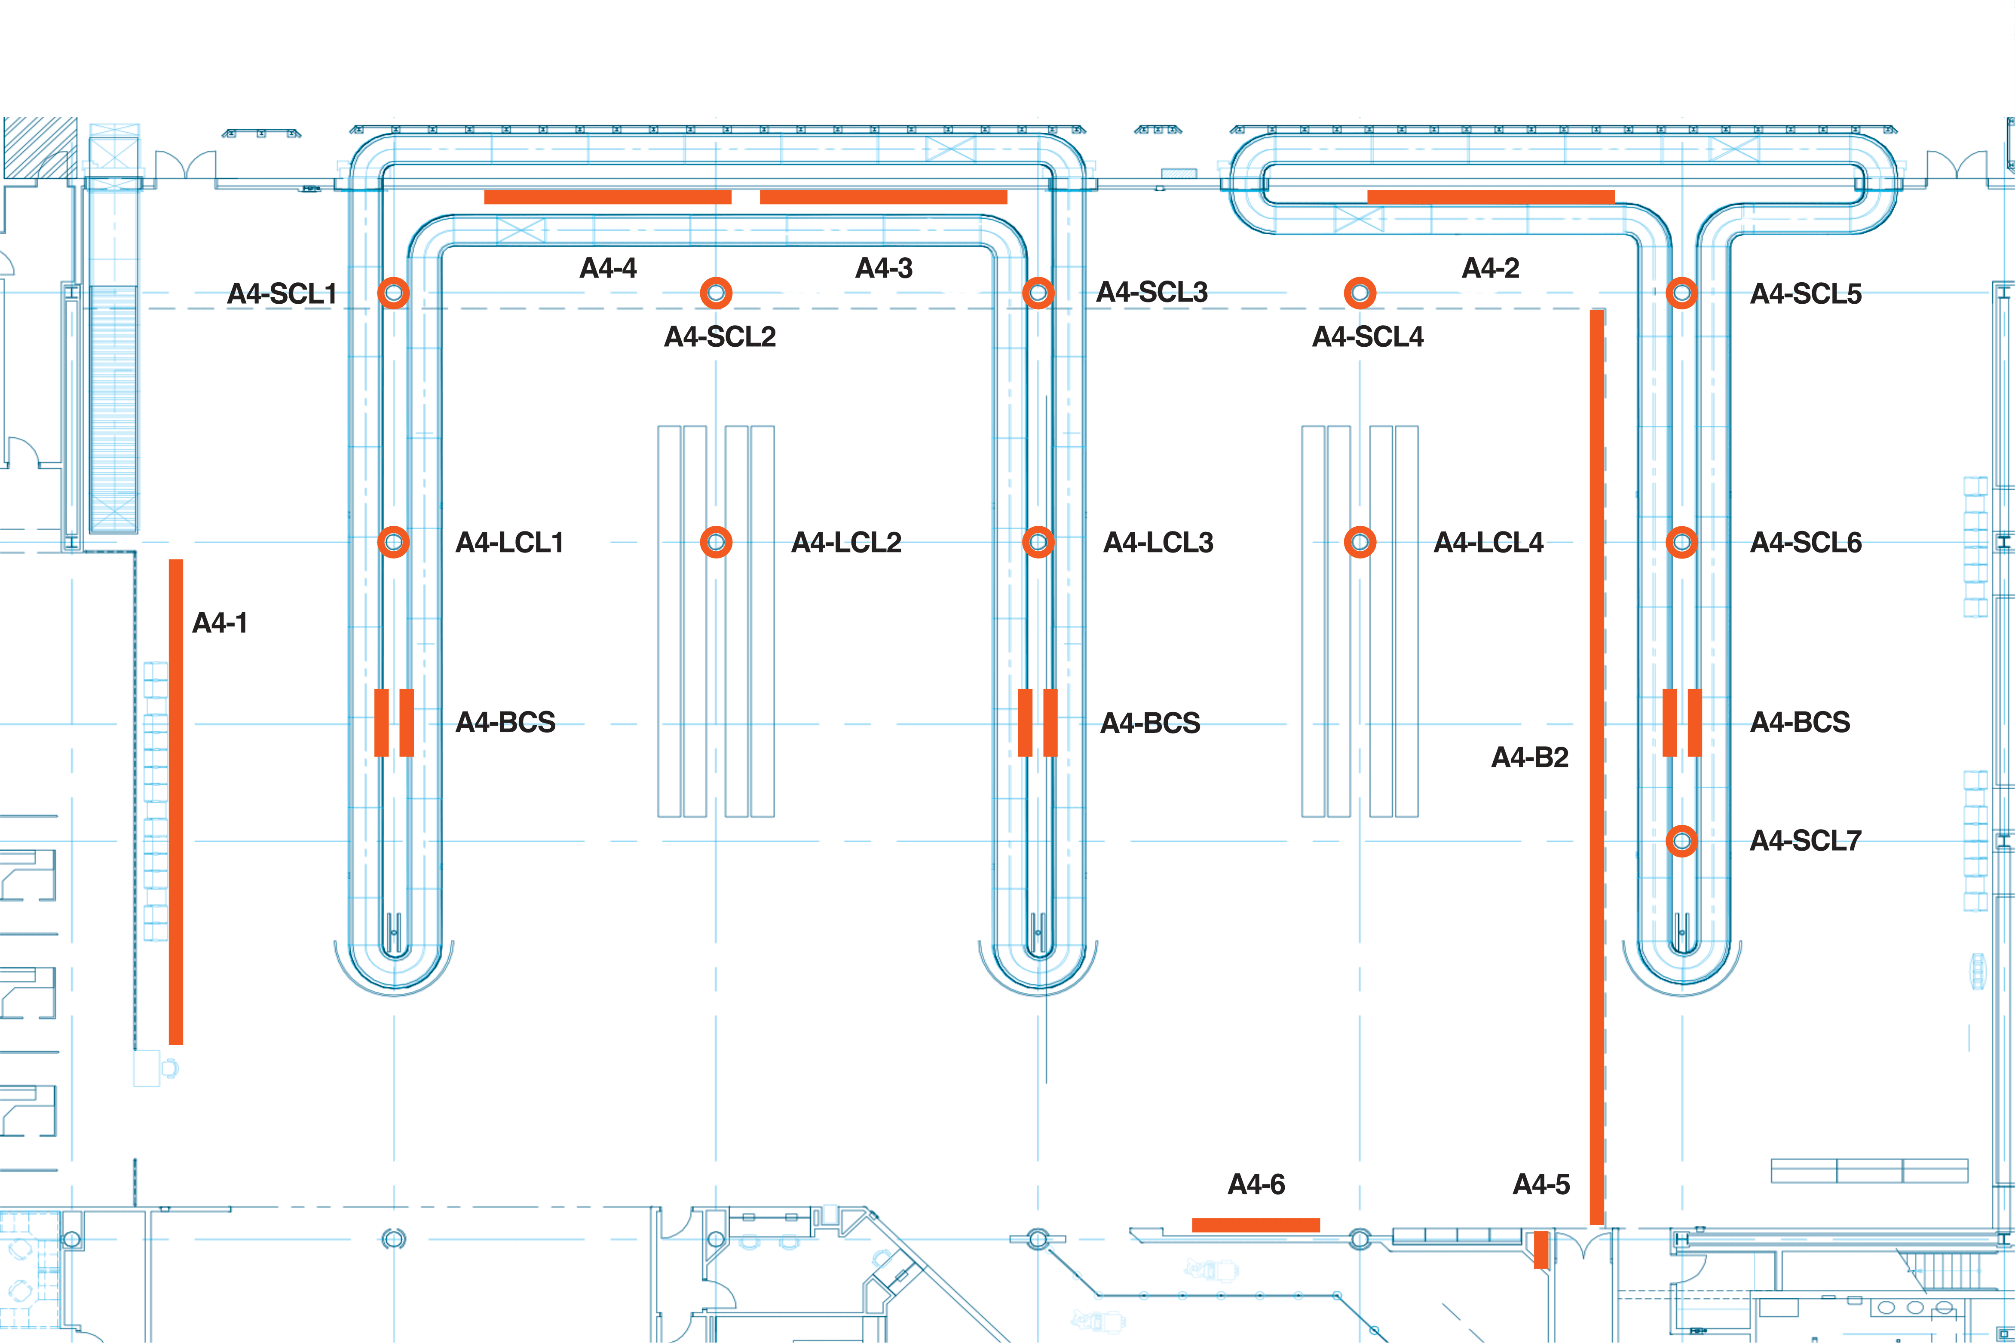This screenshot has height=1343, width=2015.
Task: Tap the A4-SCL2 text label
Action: tap(720, 336)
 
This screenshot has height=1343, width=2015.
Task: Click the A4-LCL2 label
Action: tap(846, 542)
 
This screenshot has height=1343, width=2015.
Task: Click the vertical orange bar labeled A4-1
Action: tap(176, 802)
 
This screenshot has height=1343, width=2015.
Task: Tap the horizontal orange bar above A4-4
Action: tap(607, 197)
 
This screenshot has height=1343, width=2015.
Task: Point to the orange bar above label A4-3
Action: tap(883, 197)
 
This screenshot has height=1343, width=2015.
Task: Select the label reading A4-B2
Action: tap(1530, 757)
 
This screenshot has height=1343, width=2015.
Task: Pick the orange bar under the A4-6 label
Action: tap(1256, 1225)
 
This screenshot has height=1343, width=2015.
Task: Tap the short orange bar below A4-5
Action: tap(1540, 1250)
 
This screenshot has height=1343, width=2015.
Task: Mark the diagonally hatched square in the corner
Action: tap(40, 147)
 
